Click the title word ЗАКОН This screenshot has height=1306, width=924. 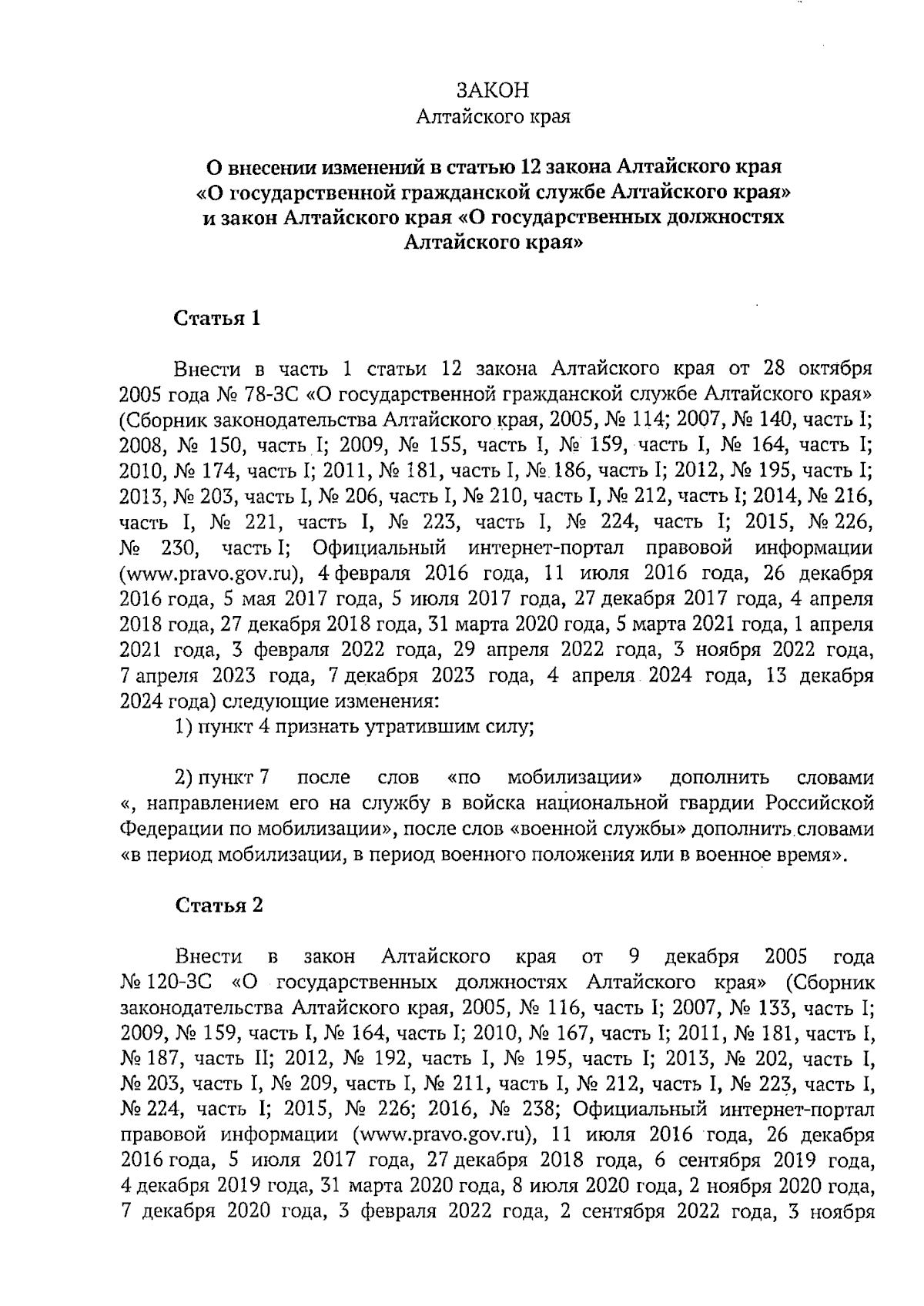pyautogui.click(x=493, y=90)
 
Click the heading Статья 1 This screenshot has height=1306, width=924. pyautogui.click(x=218, y=319)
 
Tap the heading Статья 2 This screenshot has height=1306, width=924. pyautogui.click(x=219, y=905)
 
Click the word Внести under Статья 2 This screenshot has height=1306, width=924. pyautogui.click(x=209, y=957)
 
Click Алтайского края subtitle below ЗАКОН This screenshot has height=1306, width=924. pyautogui.click(x=493, y=118)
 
